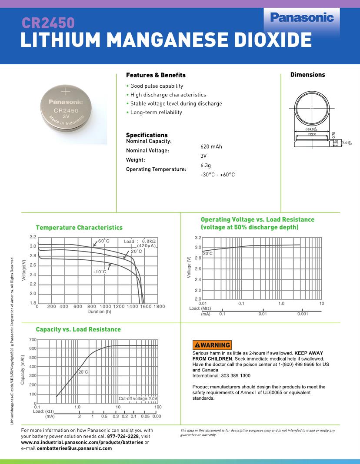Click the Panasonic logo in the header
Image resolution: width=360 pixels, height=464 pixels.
[302, 18]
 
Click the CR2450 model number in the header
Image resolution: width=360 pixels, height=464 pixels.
[48, 23]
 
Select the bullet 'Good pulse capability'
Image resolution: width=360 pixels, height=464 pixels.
[157, 86]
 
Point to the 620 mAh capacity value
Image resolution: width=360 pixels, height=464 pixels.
[211, 146]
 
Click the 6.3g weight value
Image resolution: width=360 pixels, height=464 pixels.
[206, 165]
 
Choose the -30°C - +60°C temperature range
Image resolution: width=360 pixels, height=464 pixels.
[218, 175]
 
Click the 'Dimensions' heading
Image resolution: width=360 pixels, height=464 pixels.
[307, 75]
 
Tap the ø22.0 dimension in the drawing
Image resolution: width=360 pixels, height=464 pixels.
[312, 135]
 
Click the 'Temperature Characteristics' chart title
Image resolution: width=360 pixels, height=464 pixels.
[79, 228]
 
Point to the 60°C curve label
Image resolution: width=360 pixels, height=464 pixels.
[103, 241]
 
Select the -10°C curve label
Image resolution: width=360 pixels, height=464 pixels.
[100, 272]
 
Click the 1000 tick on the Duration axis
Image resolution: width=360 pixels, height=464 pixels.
[106, 306]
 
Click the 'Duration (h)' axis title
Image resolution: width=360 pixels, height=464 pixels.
[99, 312]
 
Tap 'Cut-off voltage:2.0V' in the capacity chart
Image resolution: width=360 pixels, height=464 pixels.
[138, 398]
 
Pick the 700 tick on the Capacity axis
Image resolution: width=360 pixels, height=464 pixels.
[33, 339]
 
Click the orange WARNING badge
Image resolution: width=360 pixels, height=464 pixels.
[212, 345]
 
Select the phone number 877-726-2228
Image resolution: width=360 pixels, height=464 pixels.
[123, 436]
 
